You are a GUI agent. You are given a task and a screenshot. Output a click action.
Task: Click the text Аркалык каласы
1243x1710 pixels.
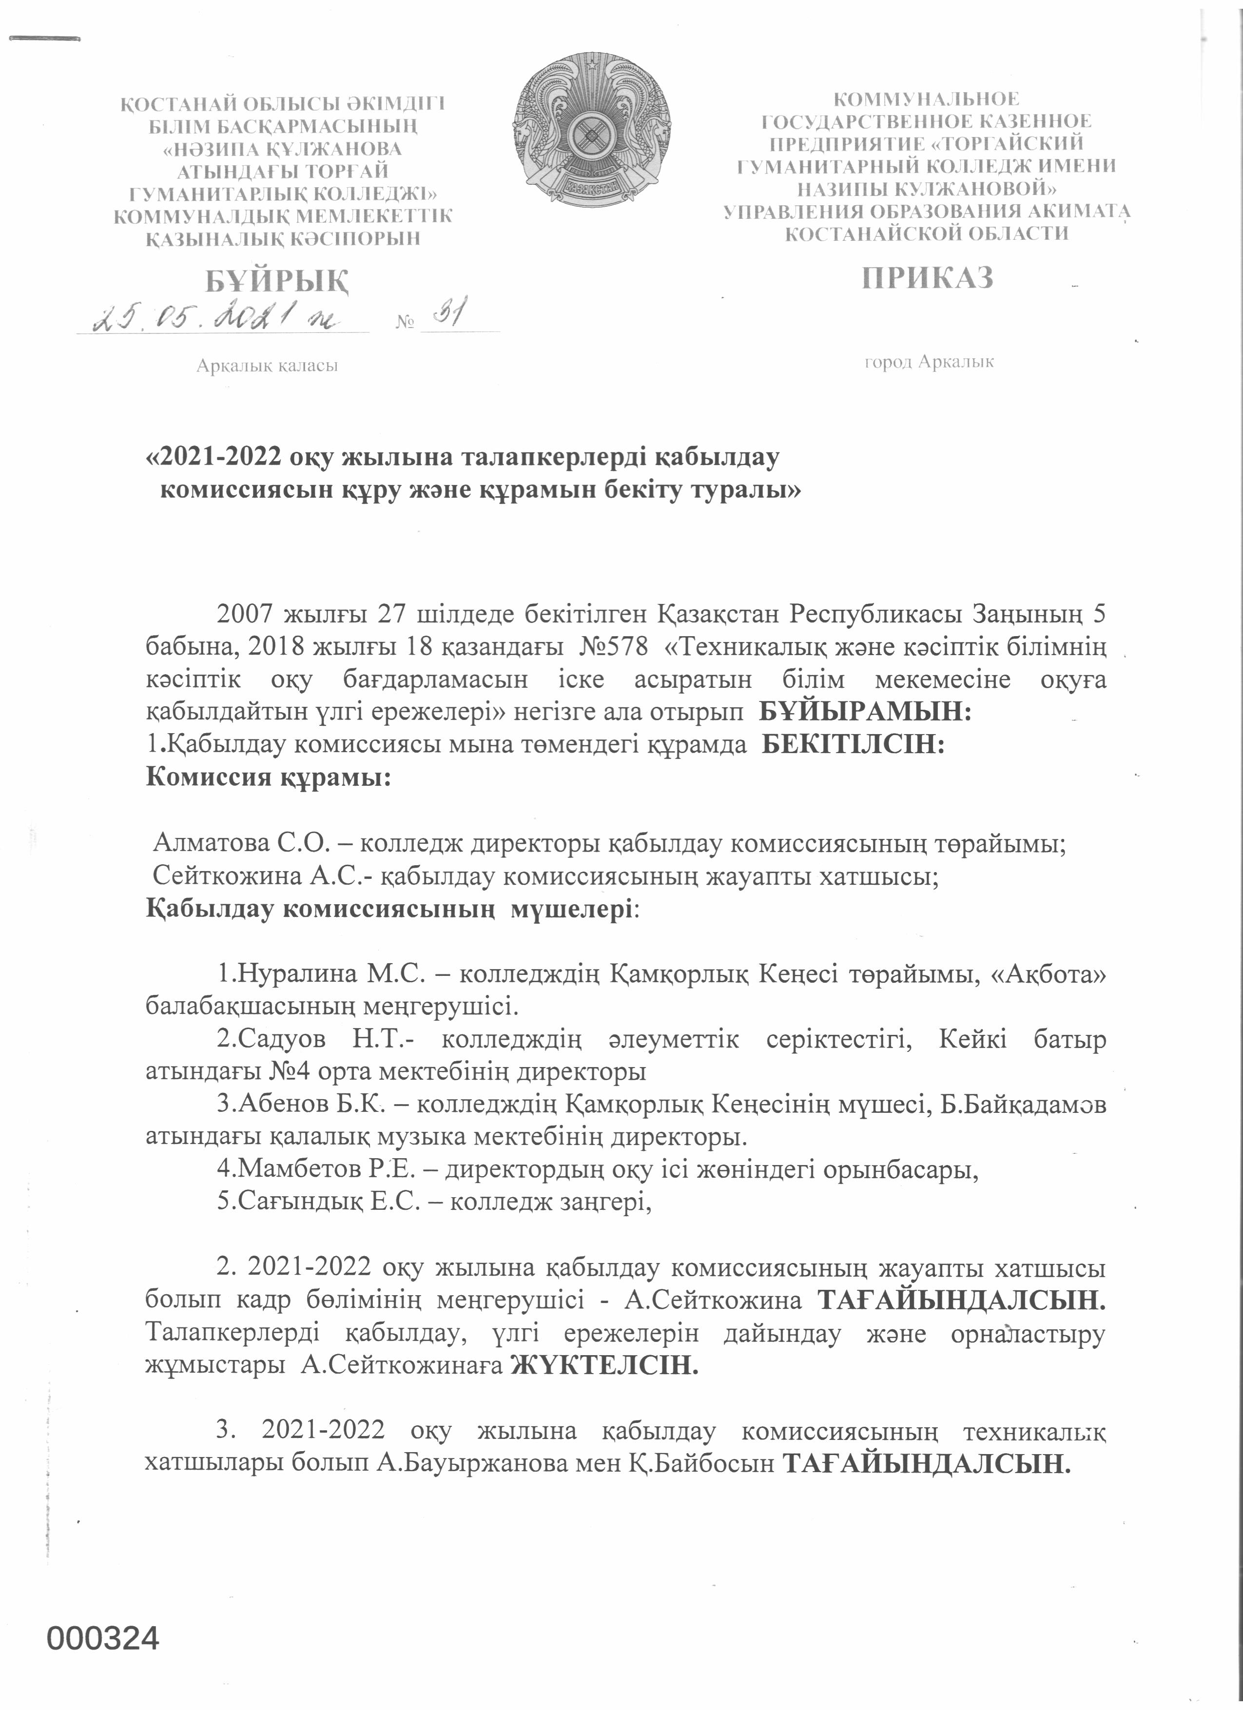[267, 366]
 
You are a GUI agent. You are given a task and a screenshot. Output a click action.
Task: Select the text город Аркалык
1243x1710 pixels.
[929, 362]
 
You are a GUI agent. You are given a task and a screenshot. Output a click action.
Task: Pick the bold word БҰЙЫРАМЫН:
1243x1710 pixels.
[865, 711]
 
